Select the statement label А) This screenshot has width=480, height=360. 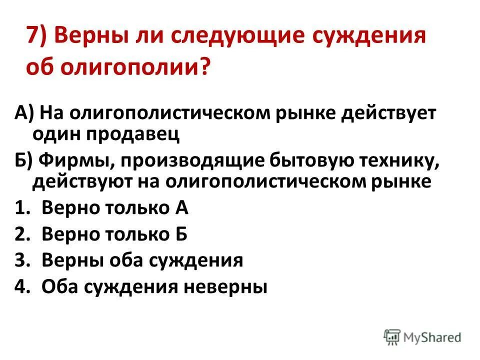[23, 113]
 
